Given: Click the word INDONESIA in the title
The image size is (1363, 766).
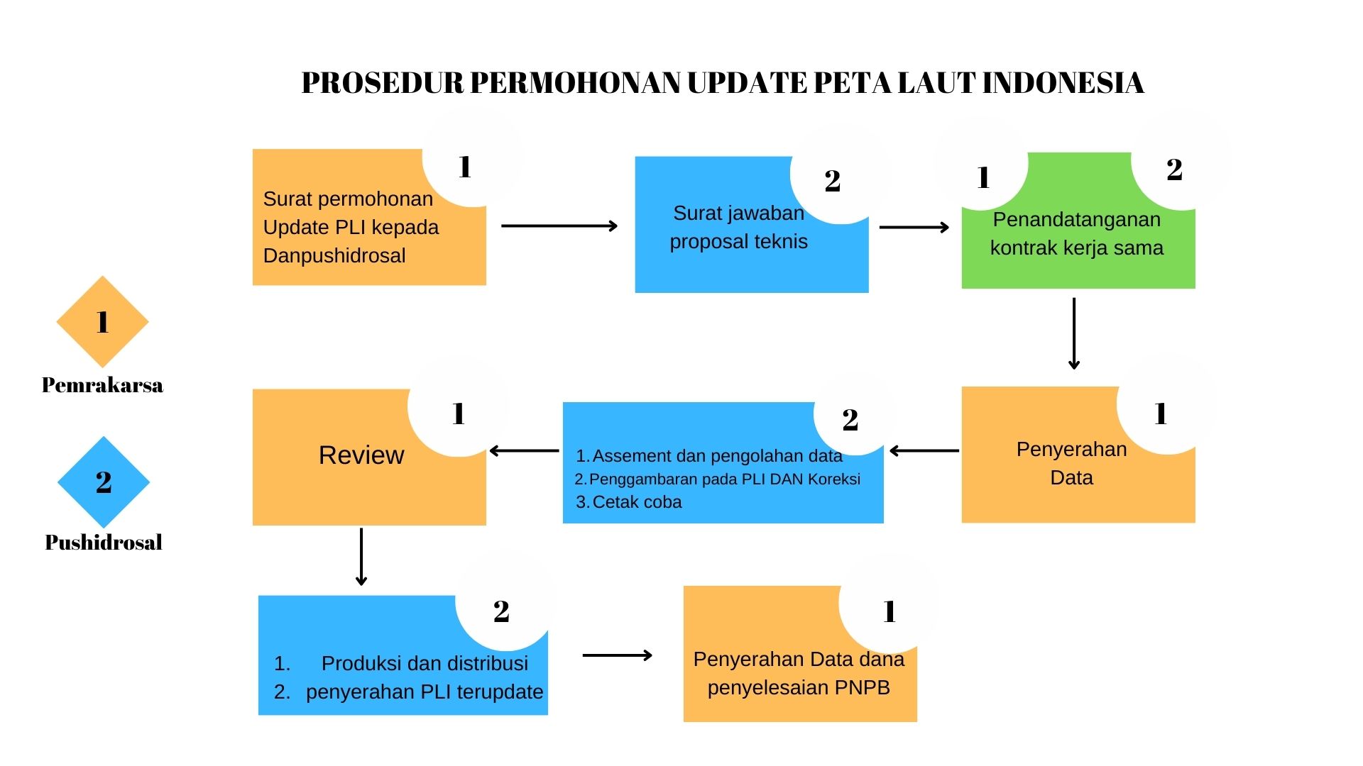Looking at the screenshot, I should (1063, 83).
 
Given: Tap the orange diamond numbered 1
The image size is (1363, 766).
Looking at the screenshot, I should (102, 322).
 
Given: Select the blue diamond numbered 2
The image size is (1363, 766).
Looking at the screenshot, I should (104, 482).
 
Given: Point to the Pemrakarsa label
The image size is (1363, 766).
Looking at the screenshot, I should (102, 385).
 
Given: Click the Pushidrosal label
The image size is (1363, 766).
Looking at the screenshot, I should (104, 543).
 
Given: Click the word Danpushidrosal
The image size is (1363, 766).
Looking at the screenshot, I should (334, 255).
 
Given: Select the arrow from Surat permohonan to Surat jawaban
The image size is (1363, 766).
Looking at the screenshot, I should (559, 226).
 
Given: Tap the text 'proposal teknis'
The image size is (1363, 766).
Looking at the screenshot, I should (738, 241).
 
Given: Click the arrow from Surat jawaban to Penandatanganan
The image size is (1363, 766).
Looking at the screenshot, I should (914, 227).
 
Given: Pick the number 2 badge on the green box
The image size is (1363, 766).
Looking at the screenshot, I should (1174, 170).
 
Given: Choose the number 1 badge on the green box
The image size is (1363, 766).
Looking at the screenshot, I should (983, 177).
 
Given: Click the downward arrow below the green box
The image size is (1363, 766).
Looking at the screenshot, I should (1074, 333).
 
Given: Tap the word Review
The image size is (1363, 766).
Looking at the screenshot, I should (361, 455).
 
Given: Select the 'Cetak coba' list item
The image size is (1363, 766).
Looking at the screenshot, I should (636, 502).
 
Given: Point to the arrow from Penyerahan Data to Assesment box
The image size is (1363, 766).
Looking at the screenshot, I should (924, 450).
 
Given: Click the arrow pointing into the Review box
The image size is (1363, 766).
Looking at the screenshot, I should (524, 450).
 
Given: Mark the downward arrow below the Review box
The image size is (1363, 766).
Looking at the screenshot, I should (361, 557).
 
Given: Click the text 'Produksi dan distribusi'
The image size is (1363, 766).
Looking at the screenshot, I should (425, 663).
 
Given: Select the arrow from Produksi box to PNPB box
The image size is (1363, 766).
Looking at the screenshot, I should (617, 655).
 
